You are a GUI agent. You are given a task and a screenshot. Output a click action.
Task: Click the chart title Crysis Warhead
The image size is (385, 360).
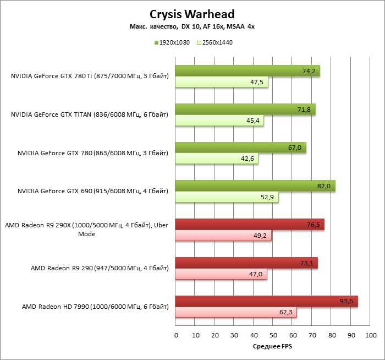point(193,14)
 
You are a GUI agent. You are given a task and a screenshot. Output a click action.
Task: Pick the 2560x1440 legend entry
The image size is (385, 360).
point(215,42)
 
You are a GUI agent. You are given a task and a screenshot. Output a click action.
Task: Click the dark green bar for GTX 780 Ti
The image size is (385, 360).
point(248,71)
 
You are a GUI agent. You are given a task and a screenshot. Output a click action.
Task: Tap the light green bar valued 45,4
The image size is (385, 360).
point(219,121)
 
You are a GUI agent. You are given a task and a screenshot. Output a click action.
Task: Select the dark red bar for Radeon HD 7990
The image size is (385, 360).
point(267,301)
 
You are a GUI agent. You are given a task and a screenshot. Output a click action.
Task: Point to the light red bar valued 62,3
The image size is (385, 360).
point(236,313)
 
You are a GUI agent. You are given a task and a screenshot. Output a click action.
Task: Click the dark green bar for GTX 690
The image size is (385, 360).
point(255,186)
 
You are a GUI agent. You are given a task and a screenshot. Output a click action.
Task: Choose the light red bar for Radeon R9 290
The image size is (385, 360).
point(221,274)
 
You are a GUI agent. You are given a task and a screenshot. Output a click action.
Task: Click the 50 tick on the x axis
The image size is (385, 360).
point(273,335)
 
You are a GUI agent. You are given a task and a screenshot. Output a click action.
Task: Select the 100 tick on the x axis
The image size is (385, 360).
point(370,335)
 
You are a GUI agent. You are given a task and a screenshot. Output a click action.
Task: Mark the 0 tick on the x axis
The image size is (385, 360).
point(176,335)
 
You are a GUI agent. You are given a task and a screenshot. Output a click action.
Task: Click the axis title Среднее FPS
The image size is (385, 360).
point(273,347)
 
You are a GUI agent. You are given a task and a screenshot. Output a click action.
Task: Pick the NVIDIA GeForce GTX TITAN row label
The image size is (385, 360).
point(89,114)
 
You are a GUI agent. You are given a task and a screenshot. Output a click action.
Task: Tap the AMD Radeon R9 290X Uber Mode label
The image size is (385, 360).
point(87,229)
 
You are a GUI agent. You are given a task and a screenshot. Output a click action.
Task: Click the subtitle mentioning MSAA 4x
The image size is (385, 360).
point(192,26)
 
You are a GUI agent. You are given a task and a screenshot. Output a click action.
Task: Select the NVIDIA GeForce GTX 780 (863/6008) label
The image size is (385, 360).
point(92,153)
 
